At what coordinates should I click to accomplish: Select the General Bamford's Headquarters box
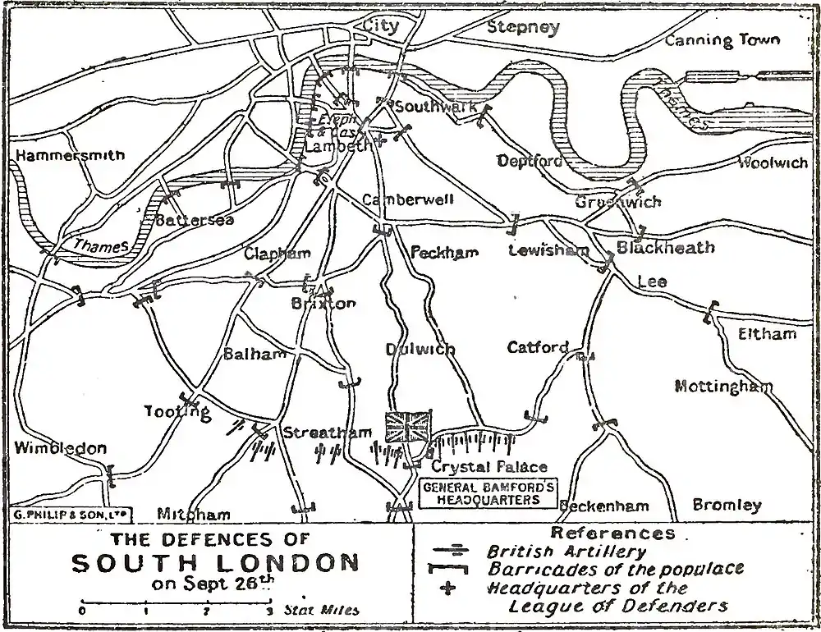488,493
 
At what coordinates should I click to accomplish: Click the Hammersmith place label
70,155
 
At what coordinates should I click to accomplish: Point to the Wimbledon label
60,448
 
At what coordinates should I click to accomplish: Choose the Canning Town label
722,39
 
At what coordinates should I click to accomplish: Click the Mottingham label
723,386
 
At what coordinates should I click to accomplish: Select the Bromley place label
727,505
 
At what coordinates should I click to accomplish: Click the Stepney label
523,27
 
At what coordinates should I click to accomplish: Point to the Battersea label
195,220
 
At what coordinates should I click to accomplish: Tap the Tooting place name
177,411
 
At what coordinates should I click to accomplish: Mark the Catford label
538,347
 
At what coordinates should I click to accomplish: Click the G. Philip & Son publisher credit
72,514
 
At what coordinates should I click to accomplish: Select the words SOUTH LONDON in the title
215,563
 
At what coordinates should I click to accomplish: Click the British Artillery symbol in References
449,552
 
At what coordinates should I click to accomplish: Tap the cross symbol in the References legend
448,588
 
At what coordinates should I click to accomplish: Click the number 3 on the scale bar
269,611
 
